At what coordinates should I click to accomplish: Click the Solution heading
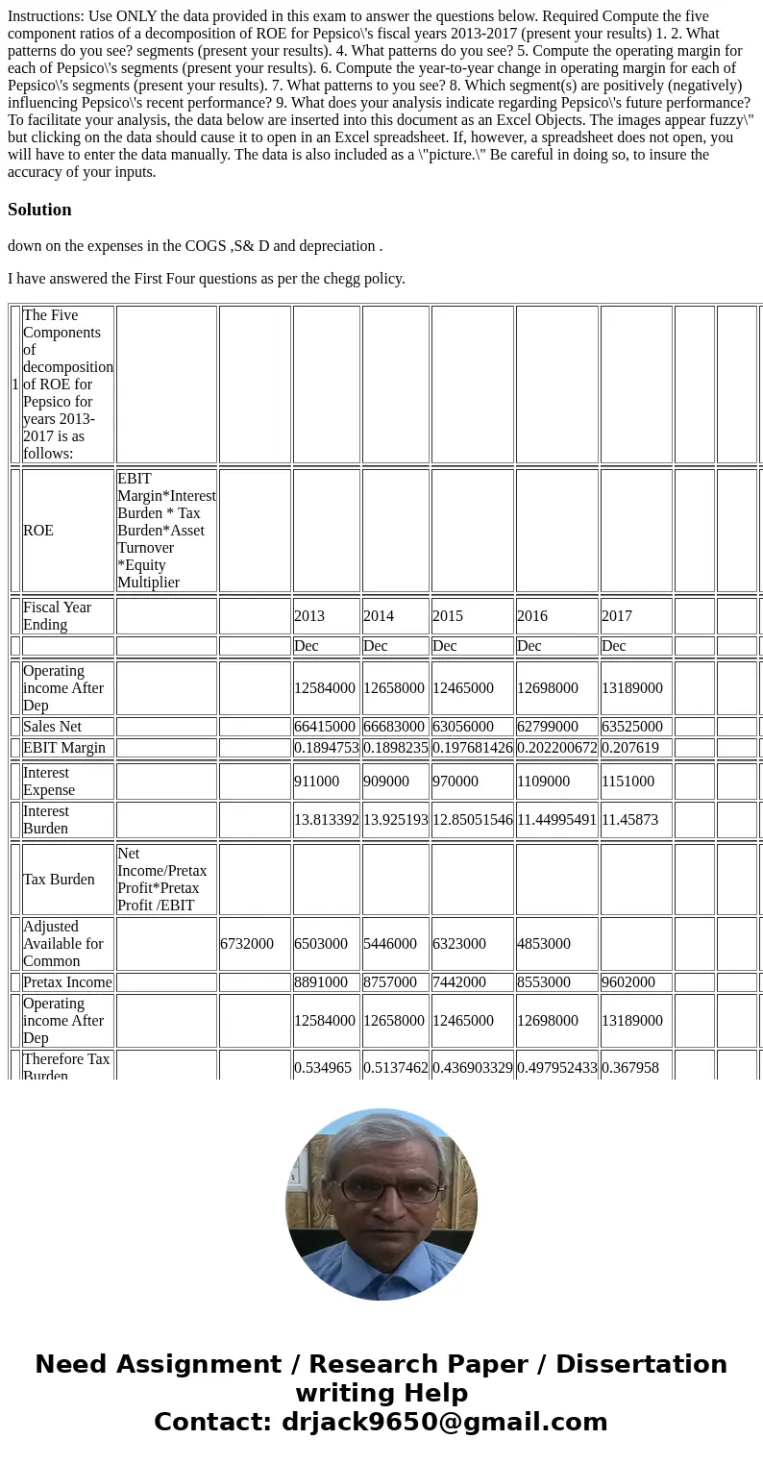(39, 210)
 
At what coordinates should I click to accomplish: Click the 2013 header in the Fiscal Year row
(309, 615)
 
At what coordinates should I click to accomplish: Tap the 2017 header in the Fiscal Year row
(617, 615)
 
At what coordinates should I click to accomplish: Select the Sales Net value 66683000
(394, 727)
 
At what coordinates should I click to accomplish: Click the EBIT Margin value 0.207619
(629, 747)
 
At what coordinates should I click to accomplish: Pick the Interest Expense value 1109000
(543, 781)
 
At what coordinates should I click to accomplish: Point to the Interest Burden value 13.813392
(326, 819)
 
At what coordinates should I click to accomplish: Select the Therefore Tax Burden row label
(66, 1067)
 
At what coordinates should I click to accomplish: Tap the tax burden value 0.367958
(629, 1067)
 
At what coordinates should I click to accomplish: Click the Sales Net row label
(55, 727)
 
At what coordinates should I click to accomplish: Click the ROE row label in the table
(38, 530)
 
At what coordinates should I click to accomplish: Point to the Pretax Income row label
(67, 981)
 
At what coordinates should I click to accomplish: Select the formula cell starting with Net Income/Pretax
(162, 879)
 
